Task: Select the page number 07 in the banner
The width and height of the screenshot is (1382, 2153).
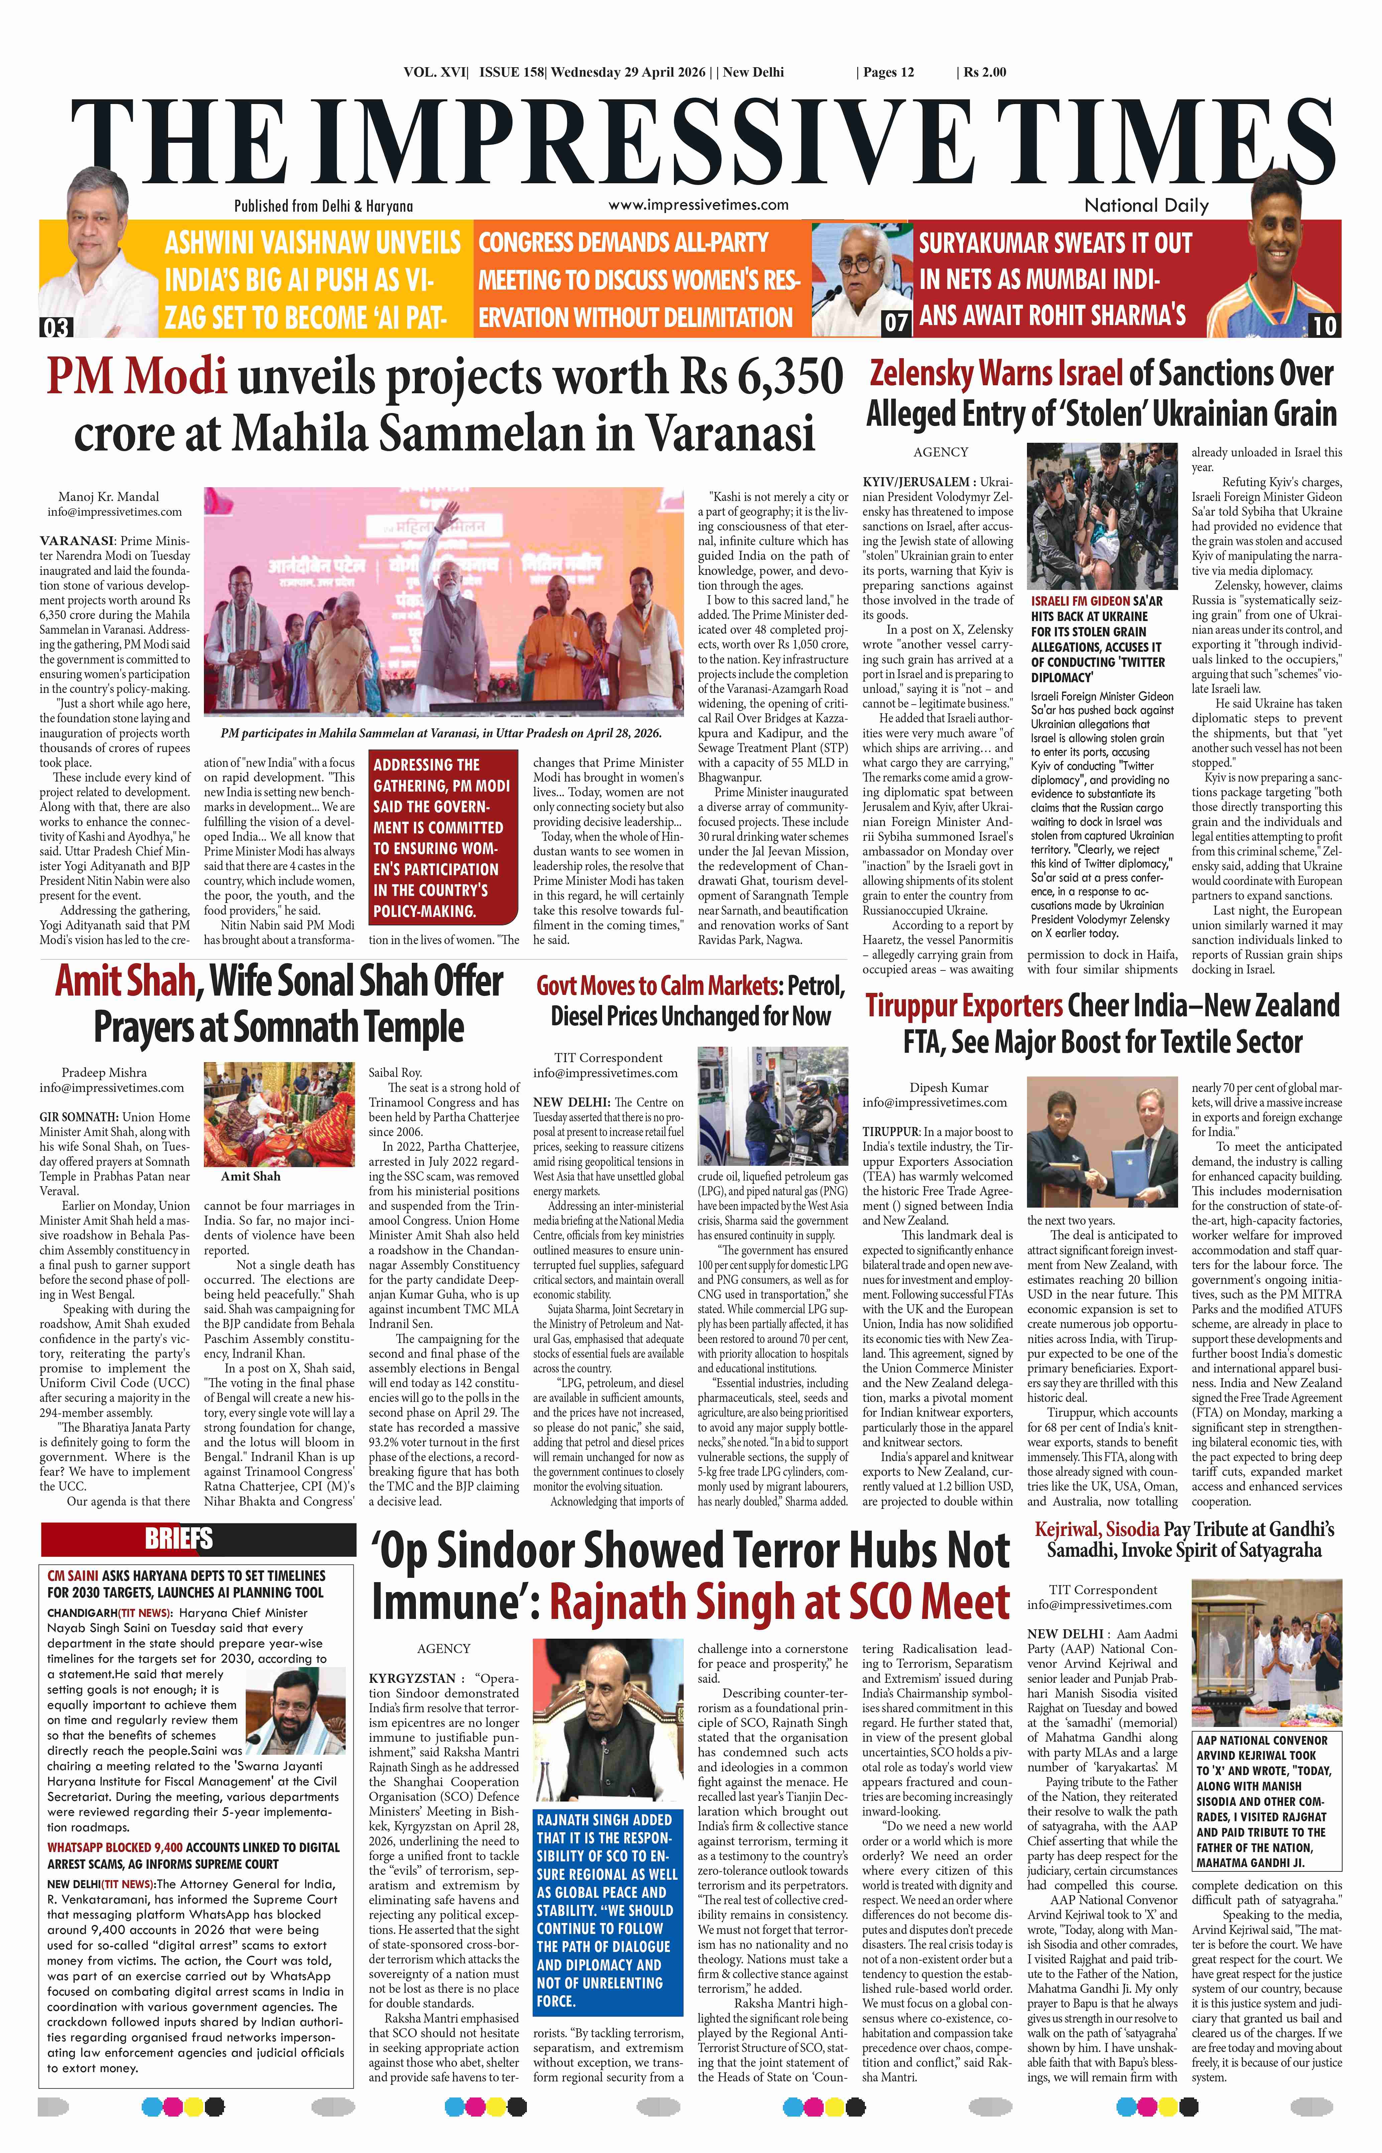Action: (x=896, y=321)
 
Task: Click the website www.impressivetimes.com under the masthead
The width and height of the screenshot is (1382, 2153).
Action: (x=698, y=205)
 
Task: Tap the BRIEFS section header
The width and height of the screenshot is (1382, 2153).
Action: (x=179, y=1539)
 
